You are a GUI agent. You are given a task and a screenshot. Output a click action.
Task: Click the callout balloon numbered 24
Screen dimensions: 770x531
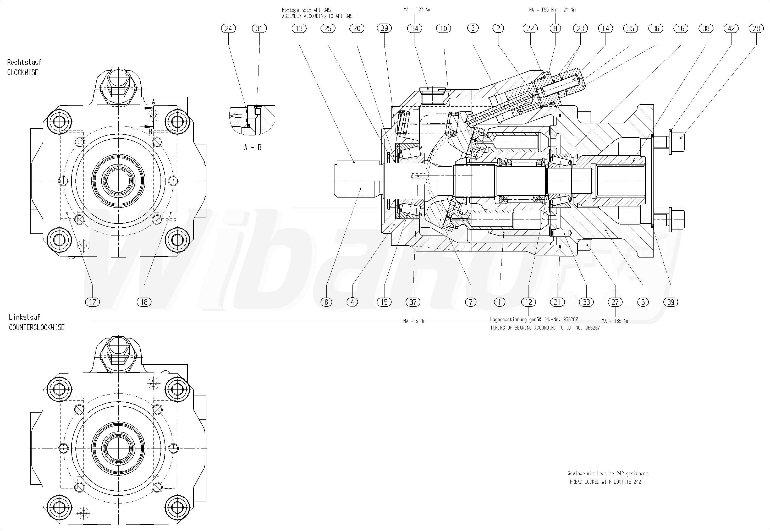coord(228,29)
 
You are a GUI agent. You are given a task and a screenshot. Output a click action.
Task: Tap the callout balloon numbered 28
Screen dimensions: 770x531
coord(756,29)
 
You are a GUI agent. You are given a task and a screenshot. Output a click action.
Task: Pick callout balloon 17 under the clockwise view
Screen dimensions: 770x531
coord(92,302)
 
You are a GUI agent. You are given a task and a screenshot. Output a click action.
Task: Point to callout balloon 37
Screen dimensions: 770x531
coord(413,302)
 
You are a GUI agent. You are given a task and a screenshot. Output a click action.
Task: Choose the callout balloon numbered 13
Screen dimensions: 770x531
coord(299,29)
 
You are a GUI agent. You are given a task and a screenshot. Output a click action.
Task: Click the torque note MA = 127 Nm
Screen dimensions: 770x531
coord(417,10)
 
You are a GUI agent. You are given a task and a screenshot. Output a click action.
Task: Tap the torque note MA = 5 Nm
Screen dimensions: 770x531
coord(414,321)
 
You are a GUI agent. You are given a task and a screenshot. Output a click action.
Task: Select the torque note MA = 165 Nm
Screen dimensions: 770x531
coord(615,321)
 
